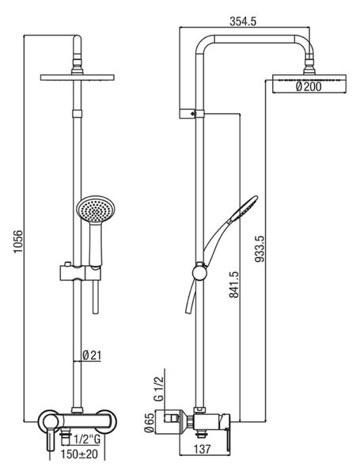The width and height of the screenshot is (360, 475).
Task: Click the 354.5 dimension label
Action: [x=243, y=21]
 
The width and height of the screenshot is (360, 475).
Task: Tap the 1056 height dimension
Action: [x=18, y=241]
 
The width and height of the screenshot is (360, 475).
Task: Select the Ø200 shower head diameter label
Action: [x=309, y=87]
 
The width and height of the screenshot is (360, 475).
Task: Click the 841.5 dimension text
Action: [x=234, y=284]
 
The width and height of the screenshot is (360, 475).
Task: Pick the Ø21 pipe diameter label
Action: [x=92, y=355]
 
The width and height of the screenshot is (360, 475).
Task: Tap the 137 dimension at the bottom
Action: [x=202, y=449]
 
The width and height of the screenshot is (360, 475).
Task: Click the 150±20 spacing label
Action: [x=80, y=454]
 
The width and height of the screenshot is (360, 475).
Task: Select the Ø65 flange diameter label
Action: [x=150, y=421]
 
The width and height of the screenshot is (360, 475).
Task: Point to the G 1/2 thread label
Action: [x=159, y=388]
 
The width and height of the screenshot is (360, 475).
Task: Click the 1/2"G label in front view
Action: [x=87, y=439]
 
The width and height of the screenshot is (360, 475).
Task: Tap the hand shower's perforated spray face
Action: [x=97, y=210]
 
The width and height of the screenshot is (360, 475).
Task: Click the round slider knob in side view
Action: [x=200, y=272]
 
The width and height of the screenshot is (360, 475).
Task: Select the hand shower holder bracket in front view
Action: [x=80, y=273]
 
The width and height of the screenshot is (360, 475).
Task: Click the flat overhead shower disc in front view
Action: [x=78, y=78]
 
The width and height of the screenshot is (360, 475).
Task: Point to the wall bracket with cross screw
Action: [x=192, y=114]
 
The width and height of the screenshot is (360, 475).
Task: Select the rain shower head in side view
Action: [x=309, y=84]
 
